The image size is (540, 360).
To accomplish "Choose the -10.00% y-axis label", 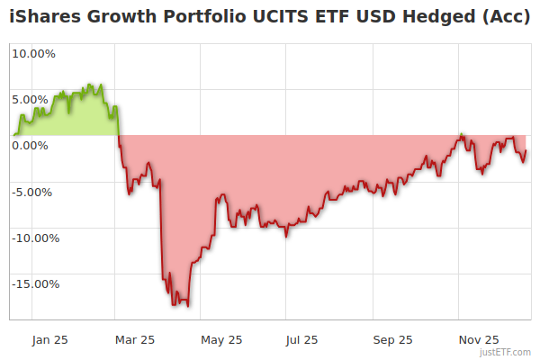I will [32, 238].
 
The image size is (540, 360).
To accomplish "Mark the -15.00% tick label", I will [32, 283].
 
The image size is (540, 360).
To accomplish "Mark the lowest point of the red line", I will [187, 305].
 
